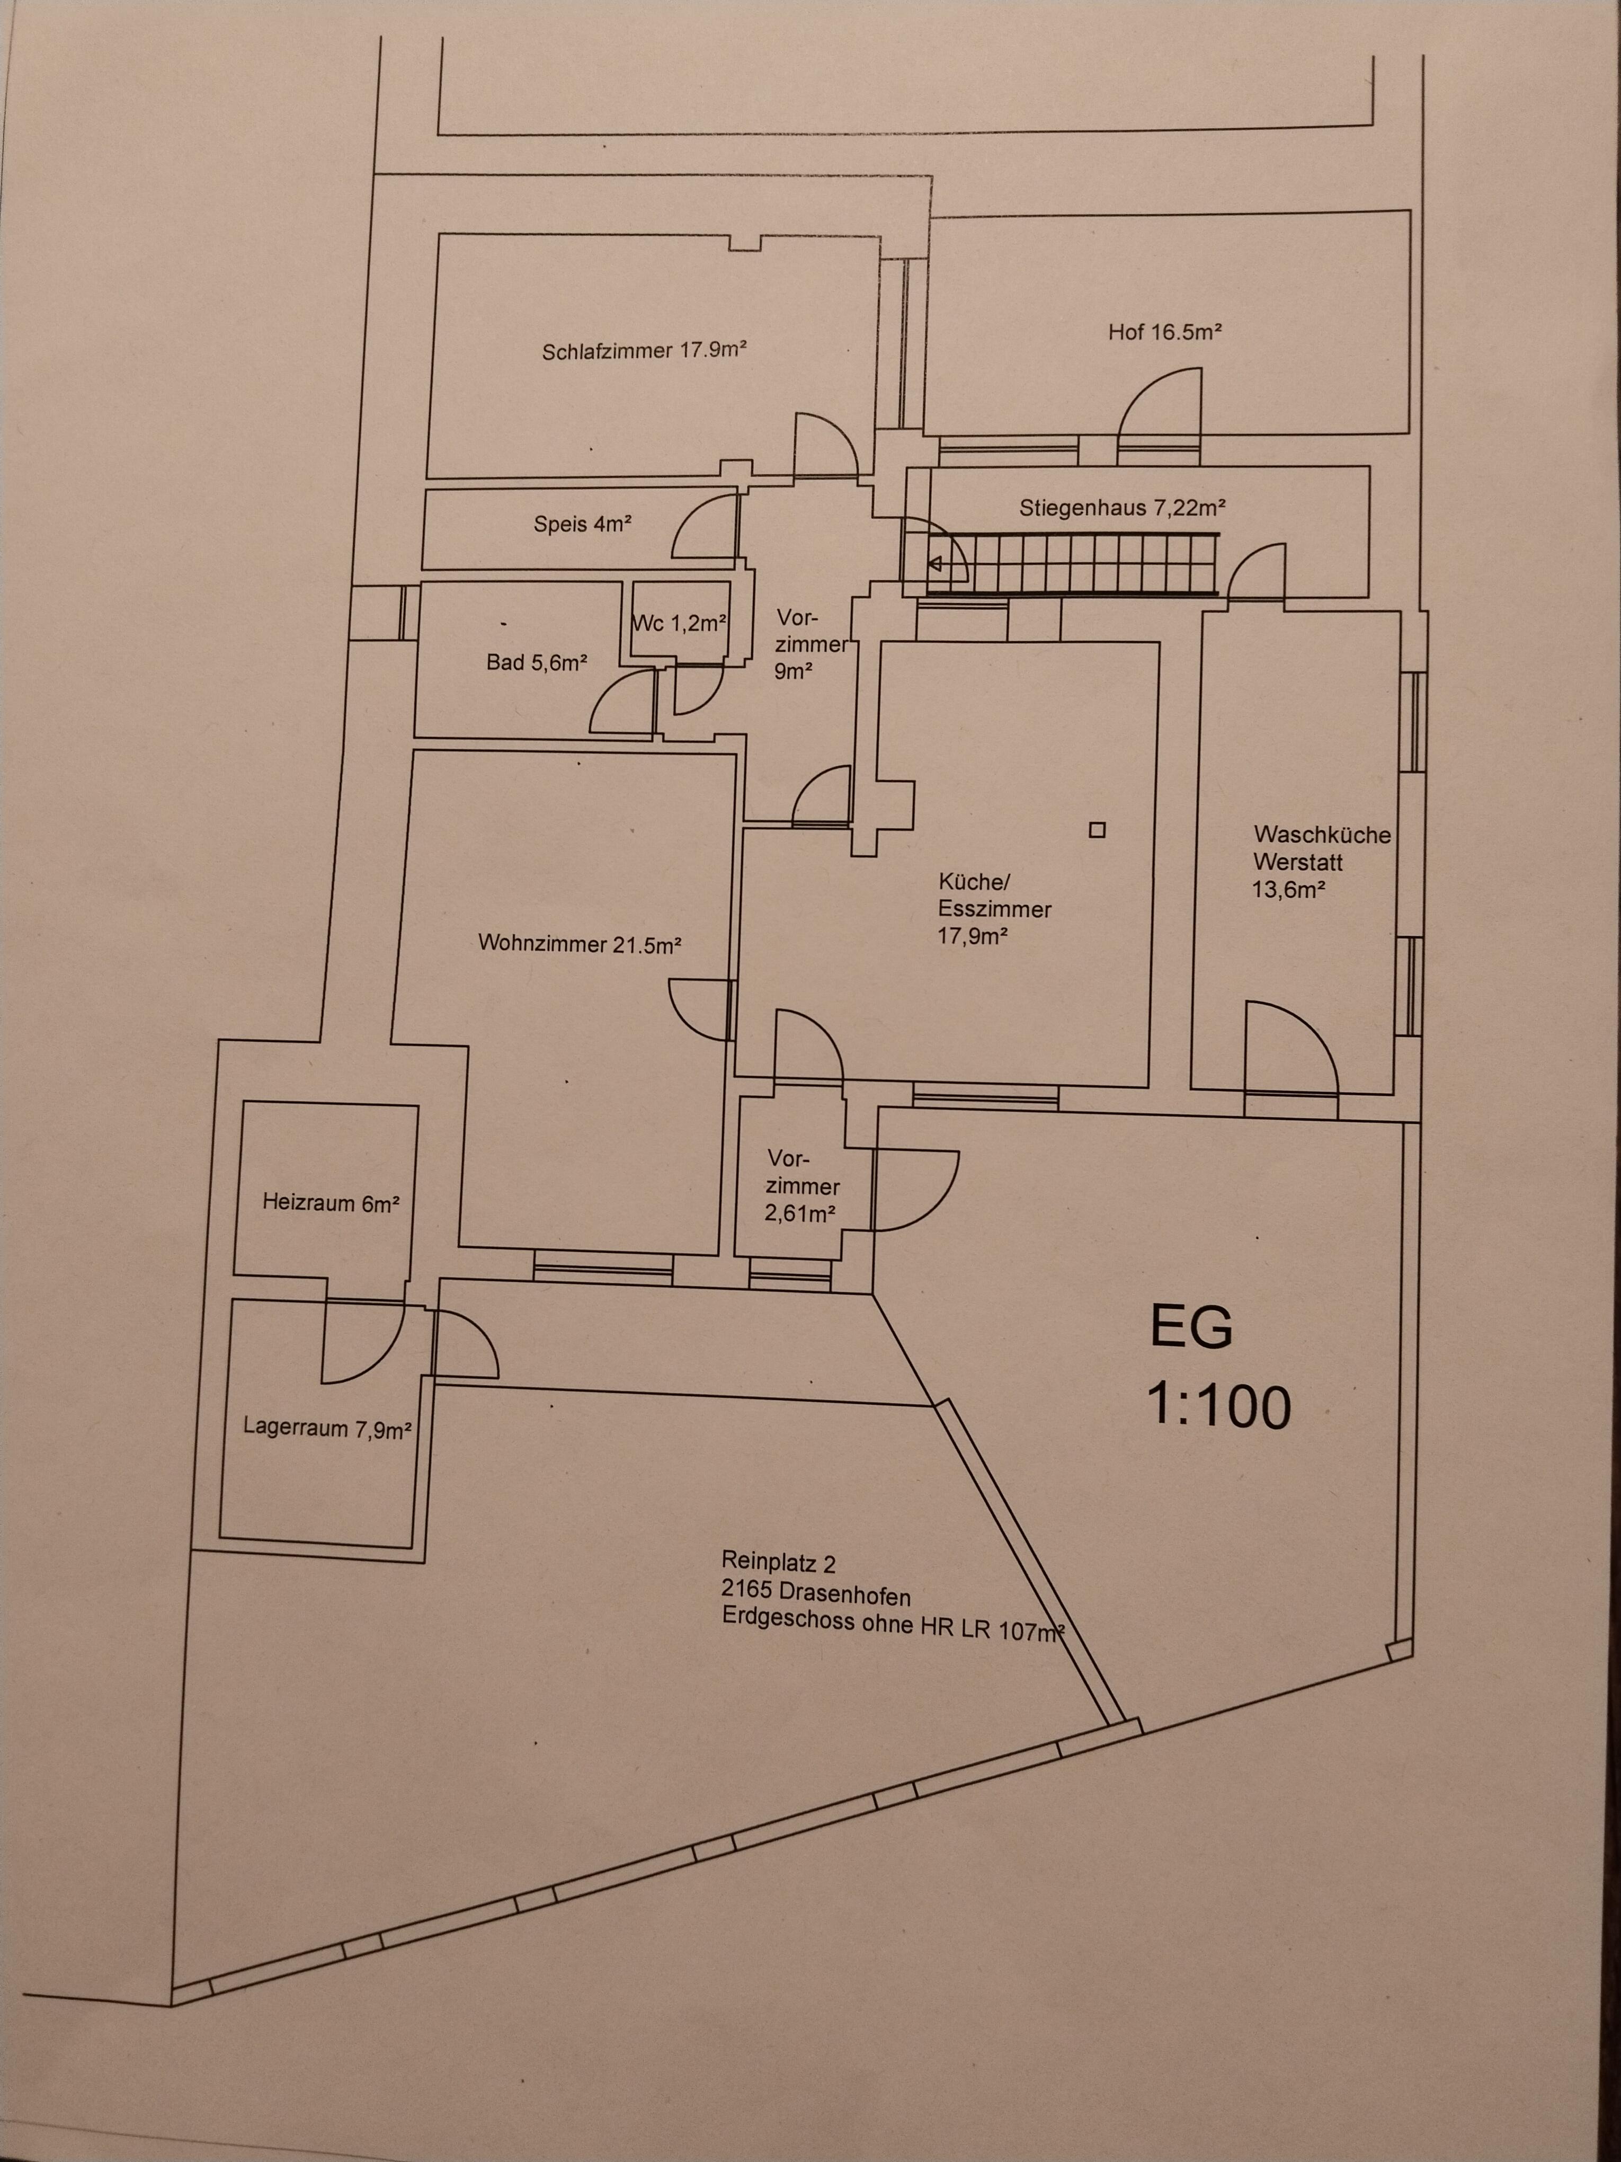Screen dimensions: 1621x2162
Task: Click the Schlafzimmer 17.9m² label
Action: (645, 350)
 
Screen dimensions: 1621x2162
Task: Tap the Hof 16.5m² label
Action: (1165, 331)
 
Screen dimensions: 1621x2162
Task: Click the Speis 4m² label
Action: (582, 524)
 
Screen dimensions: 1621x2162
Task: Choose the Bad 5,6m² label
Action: (537, 663)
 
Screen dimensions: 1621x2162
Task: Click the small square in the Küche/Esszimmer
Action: (1097, 830)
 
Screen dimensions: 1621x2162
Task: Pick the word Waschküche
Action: (1322, 835)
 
